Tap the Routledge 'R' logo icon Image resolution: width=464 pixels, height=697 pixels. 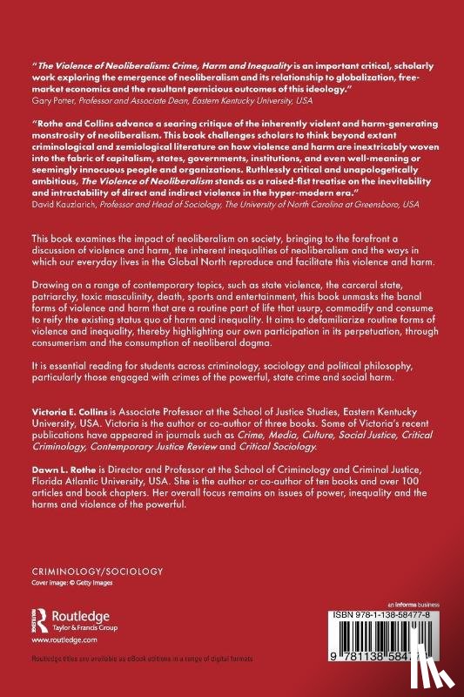coord(37,619)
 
